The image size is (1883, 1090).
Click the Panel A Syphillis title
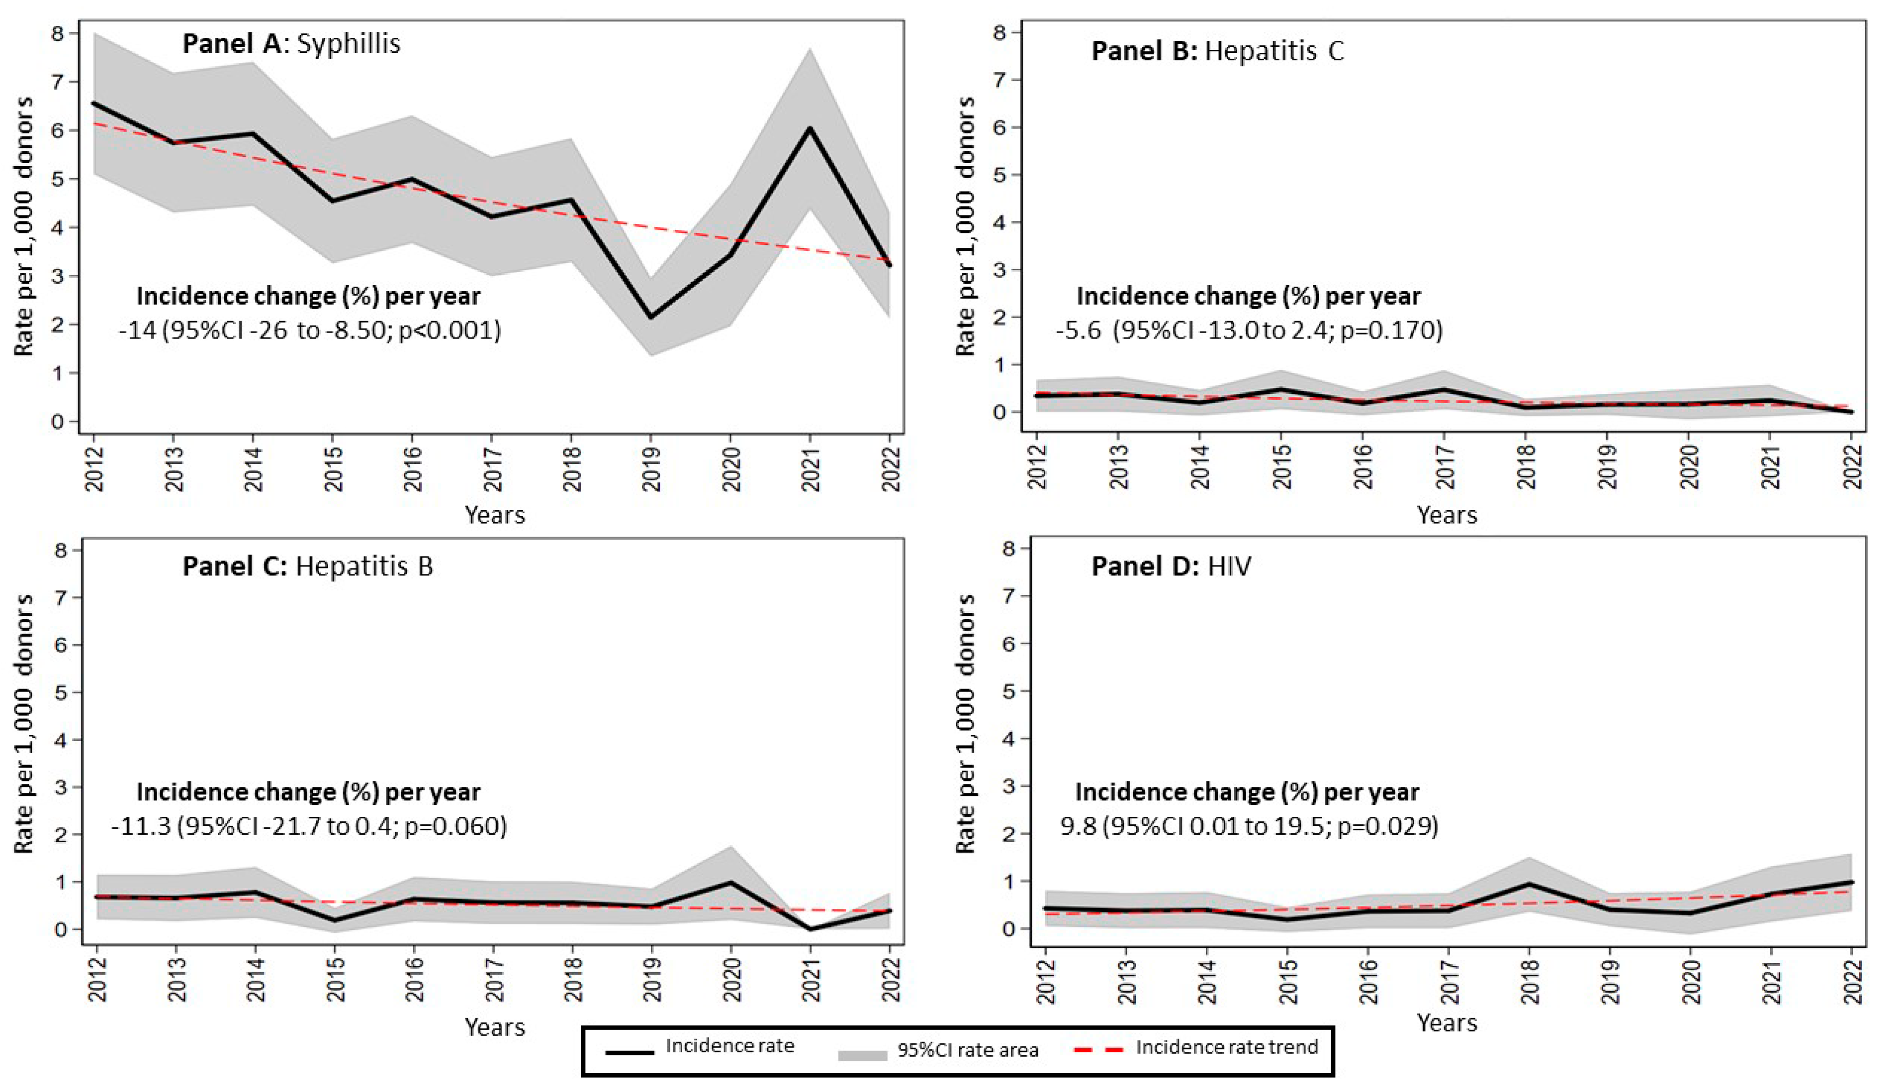click(x=291, y=43)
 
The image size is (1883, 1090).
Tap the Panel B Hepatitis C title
click(x=1218, y=51)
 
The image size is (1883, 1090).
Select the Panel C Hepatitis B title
click(x=308, y=566)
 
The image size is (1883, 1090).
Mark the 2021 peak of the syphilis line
click(x=810, y=128)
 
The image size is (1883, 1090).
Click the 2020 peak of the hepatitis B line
click(x=731, y=882)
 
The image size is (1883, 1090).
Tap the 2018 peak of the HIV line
click(x=1529, y=884)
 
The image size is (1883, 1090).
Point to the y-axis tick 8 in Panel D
click(x=1009, y=548)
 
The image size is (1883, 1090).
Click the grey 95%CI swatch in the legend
click(x=862, y=1056)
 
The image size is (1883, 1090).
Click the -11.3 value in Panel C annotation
click(x=141, y=826)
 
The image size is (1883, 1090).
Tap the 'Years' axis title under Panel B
click(x=1447, y=515)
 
